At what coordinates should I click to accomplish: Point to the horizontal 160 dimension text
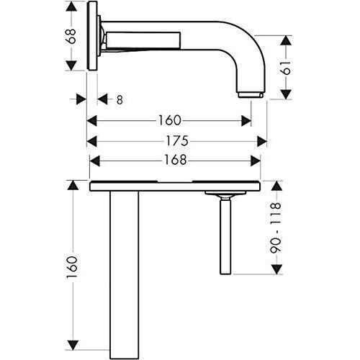pyautogui.click(x=170, y=120)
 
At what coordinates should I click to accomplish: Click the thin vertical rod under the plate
pyautogui.click(x=225, y=238)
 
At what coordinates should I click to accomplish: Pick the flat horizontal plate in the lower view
pyautogui.click(x=173, y=186)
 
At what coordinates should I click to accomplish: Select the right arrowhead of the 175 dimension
pyautogui.click(x=264, y=140)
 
